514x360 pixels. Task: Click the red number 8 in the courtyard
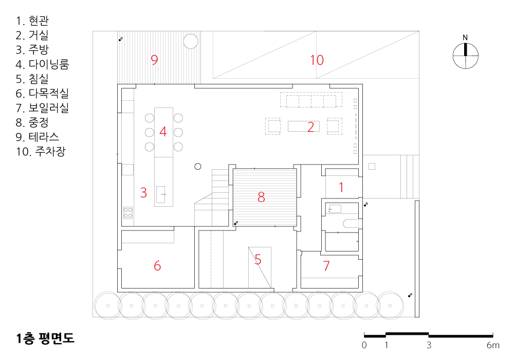[x=261, y=197]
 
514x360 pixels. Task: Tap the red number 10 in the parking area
[x=317, y=60]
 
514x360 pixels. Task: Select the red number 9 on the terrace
[x=154, y=60]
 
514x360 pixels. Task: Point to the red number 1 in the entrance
[x=341, y=188]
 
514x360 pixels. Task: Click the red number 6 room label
[x=157, y=265]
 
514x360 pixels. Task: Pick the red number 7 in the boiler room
[x=326, y=265]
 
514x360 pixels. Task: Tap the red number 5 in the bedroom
[x=258, y=260]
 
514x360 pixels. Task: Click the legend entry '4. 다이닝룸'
[x=42, y=64]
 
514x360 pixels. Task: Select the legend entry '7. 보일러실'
[x=42, y=107]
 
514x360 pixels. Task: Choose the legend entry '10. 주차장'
[x=41, y=151]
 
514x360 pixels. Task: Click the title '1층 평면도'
[x=45, y=338]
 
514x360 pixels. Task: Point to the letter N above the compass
[x=465, y=38]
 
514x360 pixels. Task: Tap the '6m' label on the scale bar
[x=493, y=345]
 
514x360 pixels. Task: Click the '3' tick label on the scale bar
[x=429, y=345]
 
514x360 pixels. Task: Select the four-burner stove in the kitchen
[x=128, y=213]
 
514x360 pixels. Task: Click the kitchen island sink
[x=160, y=194]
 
